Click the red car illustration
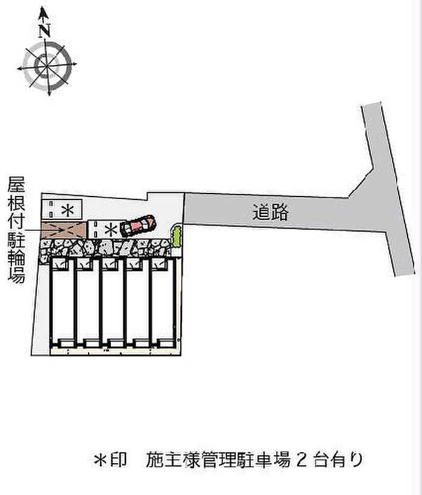tap(137, 225)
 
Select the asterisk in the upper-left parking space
tap(69, 210)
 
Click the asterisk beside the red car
tap(112, 230)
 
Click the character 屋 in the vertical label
tap(16, 183)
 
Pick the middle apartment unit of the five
tap(113, 301)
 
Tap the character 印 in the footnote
tap(120, 461)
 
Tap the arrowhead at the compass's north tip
tap(43, 11)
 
